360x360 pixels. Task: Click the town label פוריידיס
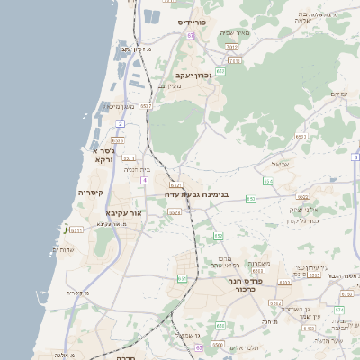193,21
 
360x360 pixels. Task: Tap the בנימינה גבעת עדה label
197,193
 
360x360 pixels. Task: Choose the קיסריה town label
91,192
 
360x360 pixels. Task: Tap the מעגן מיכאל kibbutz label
119,106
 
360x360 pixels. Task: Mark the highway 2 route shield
120,123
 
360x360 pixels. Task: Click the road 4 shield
143,180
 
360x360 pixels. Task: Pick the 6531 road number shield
76,230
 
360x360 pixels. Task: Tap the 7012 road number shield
232,46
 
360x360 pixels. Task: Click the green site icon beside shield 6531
66,228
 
